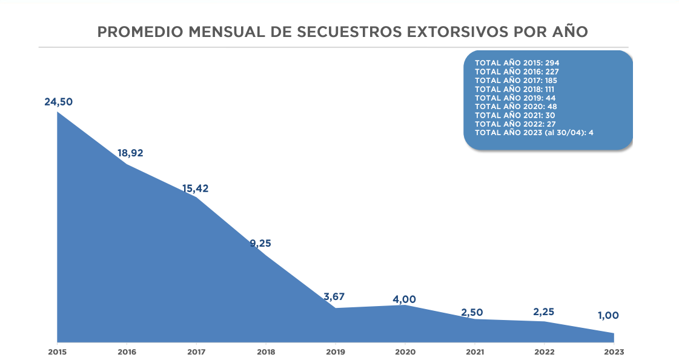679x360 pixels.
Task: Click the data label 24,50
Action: click(x=58, y=102)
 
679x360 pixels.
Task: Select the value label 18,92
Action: click(x=130, y=153)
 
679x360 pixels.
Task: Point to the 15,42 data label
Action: click(x=195, y=188)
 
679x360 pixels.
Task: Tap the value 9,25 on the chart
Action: click(x=260, y=244)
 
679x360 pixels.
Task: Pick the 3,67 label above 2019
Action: click(x=334, y=297)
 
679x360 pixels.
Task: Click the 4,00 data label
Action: click(x=404, y=299)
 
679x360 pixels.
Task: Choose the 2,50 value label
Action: click(x=472, y=312)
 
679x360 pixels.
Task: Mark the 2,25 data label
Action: click(x=543, y=312)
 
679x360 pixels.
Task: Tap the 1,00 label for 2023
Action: click(x=608, y=316)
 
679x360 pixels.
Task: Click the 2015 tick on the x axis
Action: click(x=57, y=352)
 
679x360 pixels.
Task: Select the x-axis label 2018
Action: click(x=265, y=352)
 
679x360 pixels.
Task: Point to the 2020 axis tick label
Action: click(x=405, y=352)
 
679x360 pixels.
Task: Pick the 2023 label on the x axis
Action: click(x=614, y=352)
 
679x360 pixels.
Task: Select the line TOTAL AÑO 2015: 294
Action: click(x=516, y=62)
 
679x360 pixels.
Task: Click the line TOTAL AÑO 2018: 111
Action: click(x=514, y=89)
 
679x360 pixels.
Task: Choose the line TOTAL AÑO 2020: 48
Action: click(x=515, y=107)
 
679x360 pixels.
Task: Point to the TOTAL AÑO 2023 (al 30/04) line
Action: click(x=533, y=133)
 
